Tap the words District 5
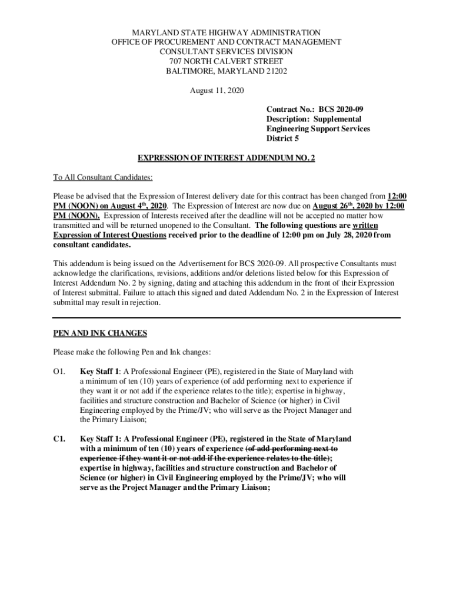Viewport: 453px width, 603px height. tap(282, 139)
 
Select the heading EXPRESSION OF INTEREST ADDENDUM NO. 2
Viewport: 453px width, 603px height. tap(226, 158)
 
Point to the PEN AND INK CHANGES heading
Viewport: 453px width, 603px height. tap(99, 333)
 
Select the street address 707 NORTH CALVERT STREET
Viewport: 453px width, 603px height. tap(226, 61)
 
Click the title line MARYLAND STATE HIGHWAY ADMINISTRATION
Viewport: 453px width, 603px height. tap(226, 32)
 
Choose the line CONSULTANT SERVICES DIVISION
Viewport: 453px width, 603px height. tap(226, 52)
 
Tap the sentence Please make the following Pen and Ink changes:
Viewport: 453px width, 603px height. tap(131, 352)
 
